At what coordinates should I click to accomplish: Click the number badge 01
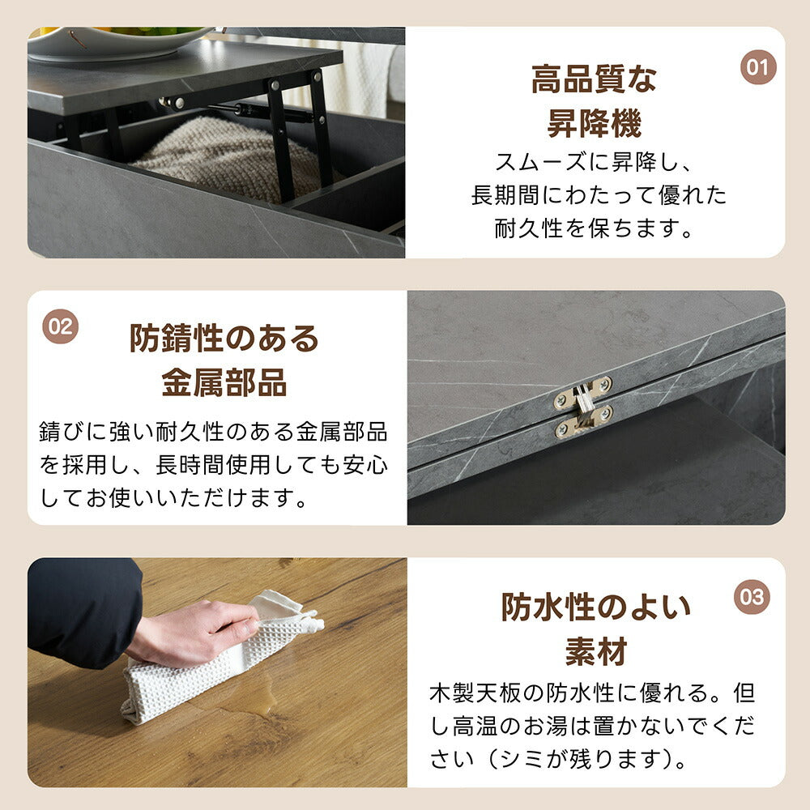pyautogui.click(x=758, y=67)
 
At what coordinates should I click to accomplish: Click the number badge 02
pyautogui.click(x=60, y=326)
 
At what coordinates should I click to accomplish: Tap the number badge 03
pyautogui.click(x=752, y=597)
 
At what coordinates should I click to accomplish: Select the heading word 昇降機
pyautogui.click(x=594, y=124)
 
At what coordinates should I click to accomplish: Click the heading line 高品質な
pyautogui.click(x=594, y=80)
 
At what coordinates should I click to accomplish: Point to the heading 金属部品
pyautogui.click(x=224, y=383)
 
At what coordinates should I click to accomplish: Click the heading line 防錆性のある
pyautogui.click(x=224, y=339)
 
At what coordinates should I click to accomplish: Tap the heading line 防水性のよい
pyautogui.click(x=595, y=607)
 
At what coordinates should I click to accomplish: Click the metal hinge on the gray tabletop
pyautogui.click(x=583, y=407)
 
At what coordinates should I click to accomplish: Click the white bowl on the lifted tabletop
pyautogui.click(x=113, y=40)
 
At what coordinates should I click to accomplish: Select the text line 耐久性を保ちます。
pyautogui.click(x=595, y=229)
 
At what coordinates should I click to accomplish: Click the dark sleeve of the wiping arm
pyautogui.click(x=81, y=607)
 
